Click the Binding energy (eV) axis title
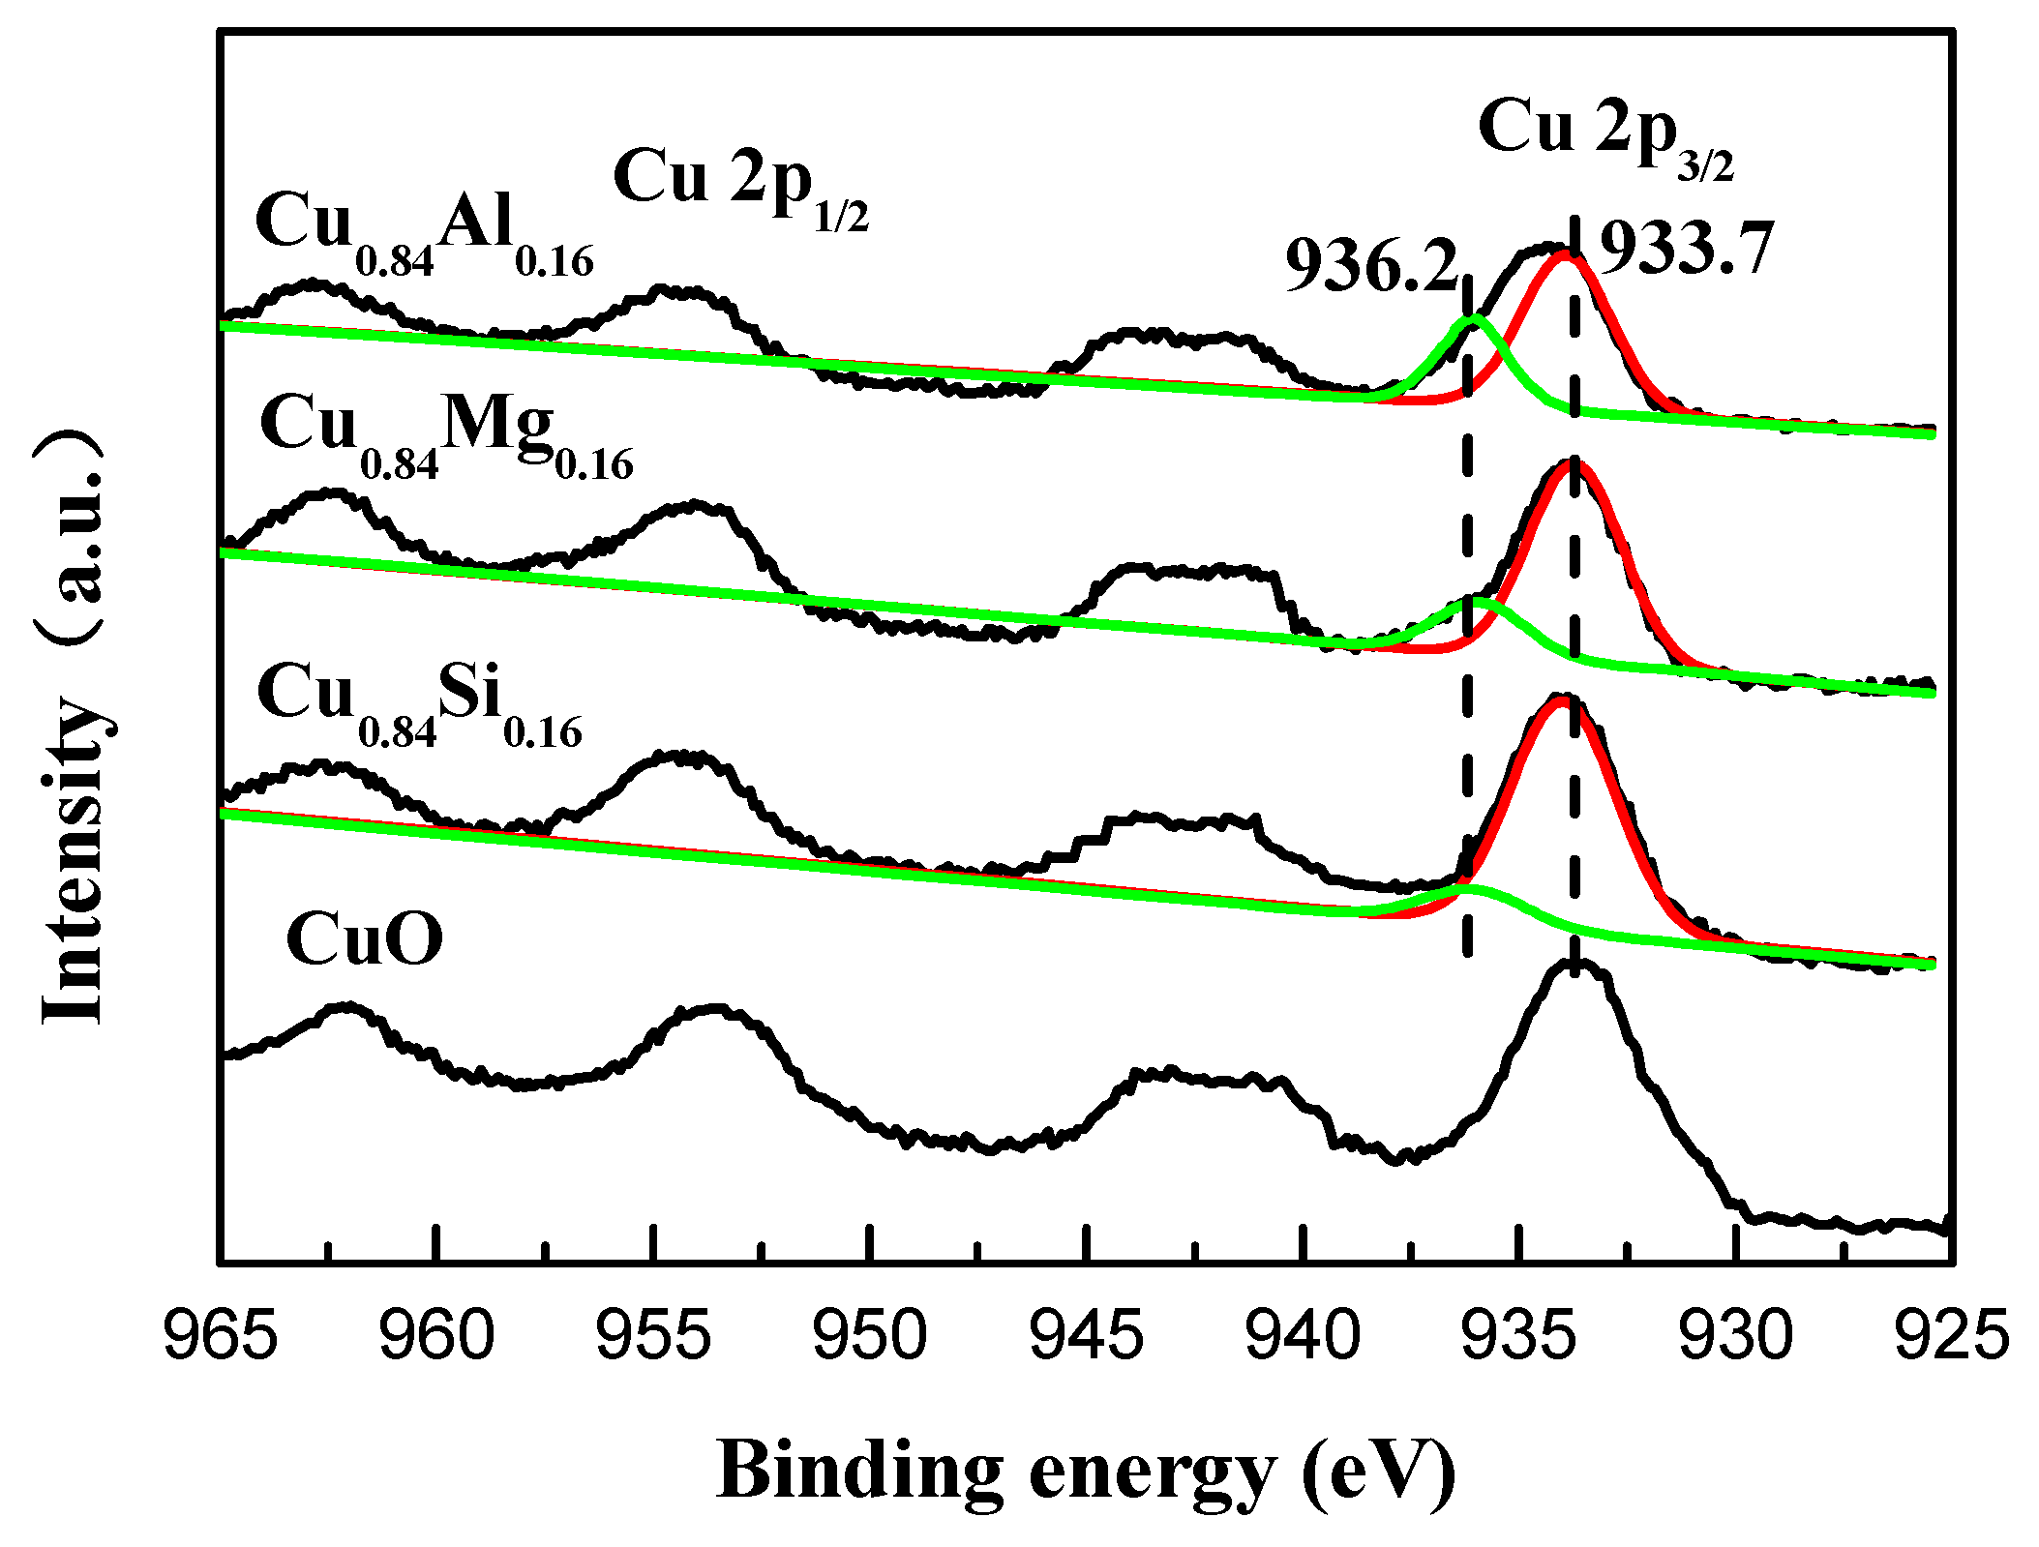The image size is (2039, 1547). point(1086,1472)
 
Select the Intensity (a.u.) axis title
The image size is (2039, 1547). point(74,726)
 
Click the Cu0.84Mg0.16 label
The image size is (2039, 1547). point(446,434)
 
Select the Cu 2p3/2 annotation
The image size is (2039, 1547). point(1605,135)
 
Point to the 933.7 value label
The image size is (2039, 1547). point(1686,250)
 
